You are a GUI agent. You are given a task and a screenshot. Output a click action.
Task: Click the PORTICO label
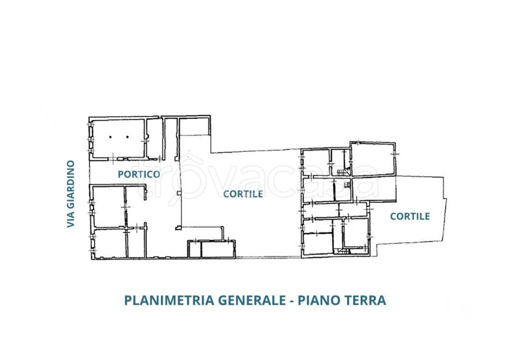(x=139, y=174)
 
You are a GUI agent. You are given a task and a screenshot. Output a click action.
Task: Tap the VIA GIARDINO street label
(x=71, y=194)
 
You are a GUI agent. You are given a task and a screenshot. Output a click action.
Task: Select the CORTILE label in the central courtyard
(x=243, y=194)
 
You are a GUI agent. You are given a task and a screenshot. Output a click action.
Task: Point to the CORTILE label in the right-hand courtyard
(x=410, y=216)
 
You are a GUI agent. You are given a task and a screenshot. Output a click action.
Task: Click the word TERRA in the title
(x=365, y=301)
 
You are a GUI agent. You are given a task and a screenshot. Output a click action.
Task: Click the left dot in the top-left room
(x=113, y=136)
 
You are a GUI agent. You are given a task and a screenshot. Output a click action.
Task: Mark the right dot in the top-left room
(x=127, y=136)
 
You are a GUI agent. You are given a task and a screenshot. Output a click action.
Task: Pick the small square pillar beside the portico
(x=178, y=193)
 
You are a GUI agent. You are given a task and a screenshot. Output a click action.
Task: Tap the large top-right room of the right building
(x=373, y=159)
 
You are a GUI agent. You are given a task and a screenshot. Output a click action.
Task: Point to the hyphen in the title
(x=291, y=301)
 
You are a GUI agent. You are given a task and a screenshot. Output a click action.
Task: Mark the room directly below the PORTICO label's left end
(x=108, y=206)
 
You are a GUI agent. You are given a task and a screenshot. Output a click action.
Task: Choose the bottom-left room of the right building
(x=318, y=244)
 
